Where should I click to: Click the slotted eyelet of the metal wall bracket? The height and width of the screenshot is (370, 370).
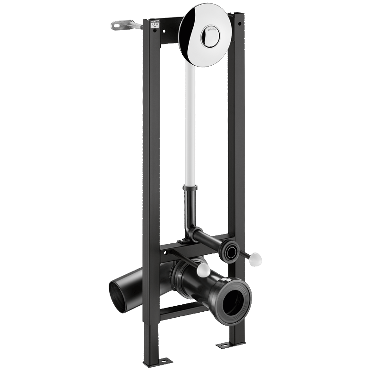tap(117, 25)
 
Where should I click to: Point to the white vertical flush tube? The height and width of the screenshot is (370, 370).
tap(190, 125)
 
